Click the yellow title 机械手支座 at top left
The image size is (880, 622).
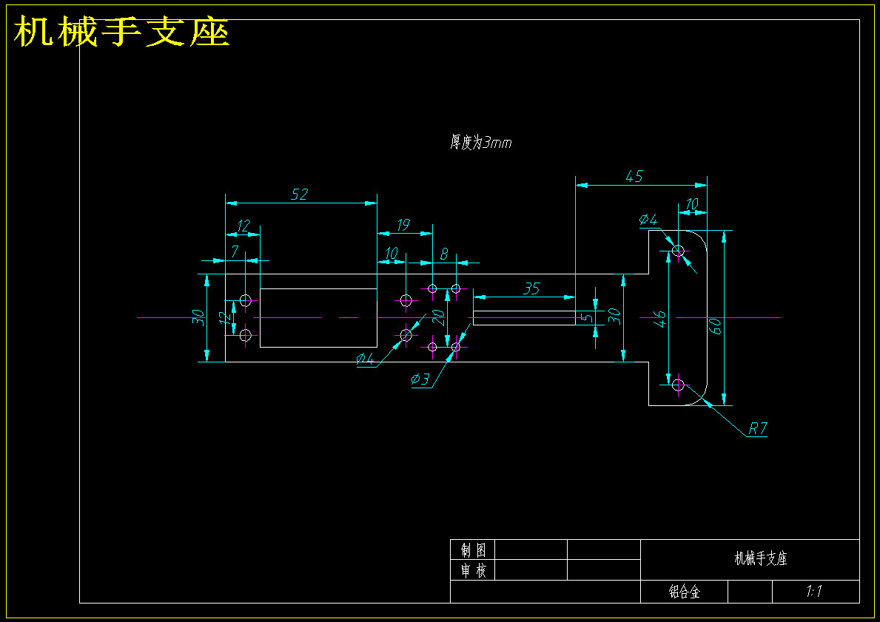(122, 32)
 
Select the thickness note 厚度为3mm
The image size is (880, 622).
(480, 143)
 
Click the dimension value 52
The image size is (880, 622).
(300, 194)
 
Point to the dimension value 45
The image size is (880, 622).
(634, 176)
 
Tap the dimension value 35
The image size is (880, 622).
(531, 288)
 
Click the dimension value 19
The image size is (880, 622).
(403, 225)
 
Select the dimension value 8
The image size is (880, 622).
(444, 254)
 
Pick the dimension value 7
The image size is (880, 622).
(235, 251)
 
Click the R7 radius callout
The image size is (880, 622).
(758, 429)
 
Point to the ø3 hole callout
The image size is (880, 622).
(420, 379)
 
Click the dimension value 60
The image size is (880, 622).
(715, 326)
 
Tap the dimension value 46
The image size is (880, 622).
(660, 319)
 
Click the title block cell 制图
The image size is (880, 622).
(473, 550)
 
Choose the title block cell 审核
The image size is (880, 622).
(473, 571)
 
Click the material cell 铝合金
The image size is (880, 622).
(685, 592)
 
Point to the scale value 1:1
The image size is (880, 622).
(814, 591)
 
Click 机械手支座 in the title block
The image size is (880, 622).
(761, 558)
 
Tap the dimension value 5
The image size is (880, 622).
(586, 317)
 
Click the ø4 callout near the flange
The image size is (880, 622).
(648, 220)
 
